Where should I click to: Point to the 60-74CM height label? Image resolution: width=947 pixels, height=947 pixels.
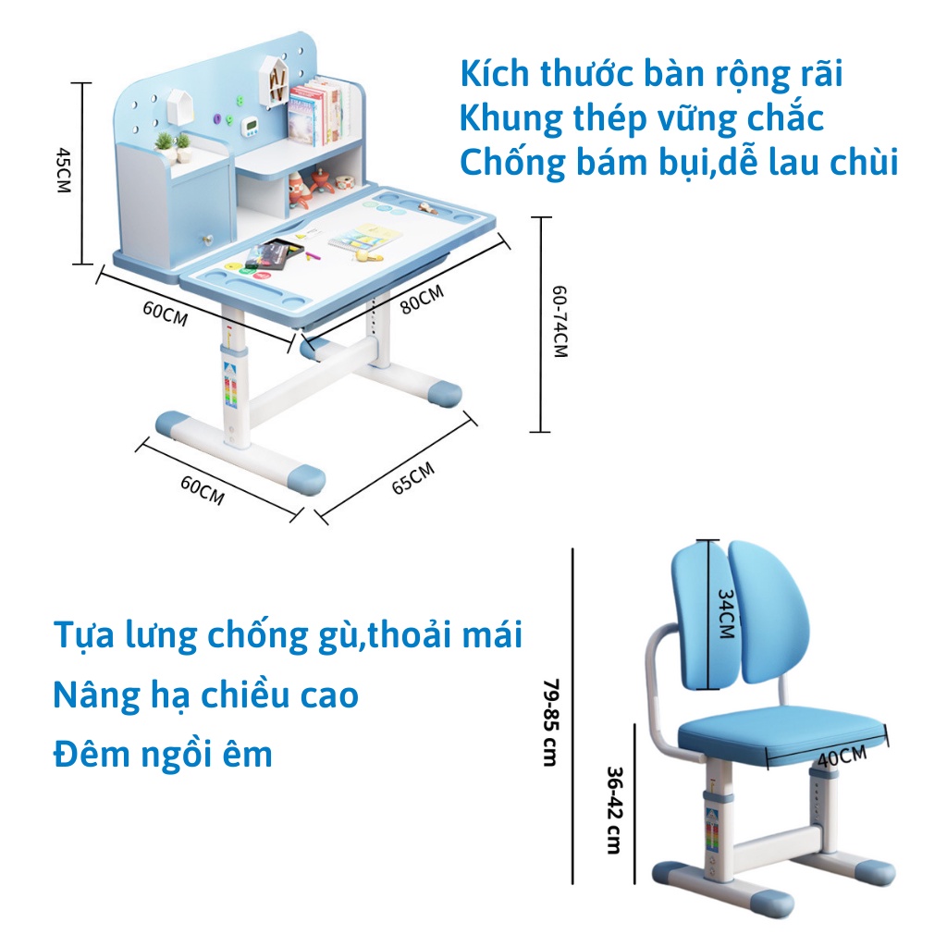(560, 321)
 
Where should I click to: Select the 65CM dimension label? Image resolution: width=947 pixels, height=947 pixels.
(412, 479)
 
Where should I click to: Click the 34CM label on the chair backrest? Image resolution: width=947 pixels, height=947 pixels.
(727, 616)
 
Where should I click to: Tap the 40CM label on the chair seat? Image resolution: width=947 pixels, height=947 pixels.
(842, 756)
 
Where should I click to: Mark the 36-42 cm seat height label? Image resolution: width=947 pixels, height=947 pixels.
(613, 810)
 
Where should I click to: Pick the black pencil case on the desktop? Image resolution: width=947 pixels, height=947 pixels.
(274, 252)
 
